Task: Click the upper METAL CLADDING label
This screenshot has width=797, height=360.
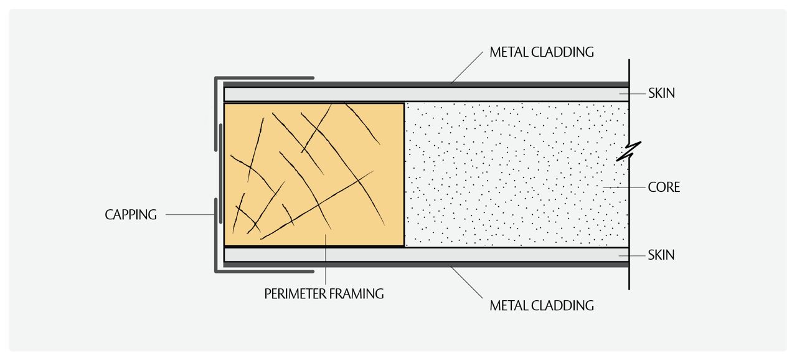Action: pos(542,52)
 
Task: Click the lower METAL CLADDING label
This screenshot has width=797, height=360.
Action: pos(542,306)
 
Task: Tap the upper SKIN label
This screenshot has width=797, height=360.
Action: pos(661,93)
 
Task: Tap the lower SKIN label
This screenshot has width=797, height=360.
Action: pos(661,255)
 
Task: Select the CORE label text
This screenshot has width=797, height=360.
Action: pos(664,187)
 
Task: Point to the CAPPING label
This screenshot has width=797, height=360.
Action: pos(131,215)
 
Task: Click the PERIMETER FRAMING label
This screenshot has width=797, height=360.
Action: pos(324,294)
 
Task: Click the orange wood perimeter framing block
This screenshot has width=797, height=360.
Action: pos(314,174)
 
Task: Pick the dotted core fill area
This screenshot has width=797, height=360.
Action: pos(517,174)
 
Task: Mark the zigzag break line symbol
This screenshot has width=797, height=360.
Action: pos(629,151)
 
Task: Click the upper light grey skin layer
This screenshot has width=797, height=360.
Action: pos(427,94)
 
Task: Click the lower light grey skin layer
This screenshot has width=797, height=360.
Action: pos(427,255)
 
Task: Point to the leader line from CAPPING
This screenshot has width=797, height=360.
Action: pos(190,214)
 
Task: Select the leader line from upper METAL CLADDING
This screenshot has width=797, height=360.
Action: pos(467,68)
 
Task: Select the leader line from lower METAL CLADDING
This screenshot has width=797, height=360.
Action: pos(467,282)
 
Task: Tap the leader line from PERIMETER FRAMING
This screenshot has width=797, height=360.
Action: pos(326,260)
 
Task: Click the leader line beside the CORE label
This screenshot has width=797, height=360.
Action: pos(625,187)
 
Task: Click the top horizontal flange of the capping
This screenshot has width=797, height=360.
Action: pos(265,78)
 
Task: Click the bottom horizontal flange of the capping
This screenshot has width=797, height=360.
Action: pos(265,272)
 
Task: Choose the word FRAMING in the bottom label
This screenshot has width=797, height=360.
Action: pos(356,294)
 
